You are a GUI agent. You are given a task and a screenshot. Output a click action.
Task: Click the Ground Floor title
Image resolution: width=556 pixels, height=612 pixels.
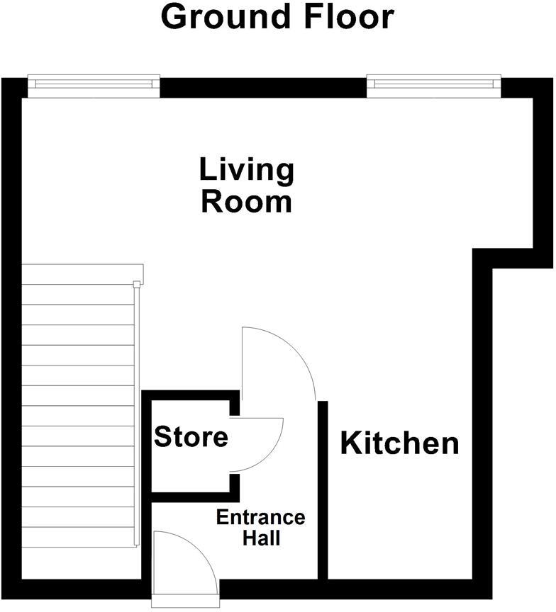[277, 17]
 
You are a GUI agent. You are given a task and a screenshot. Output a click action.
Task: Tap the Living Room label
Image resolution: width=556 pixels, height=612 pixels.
[246, 186]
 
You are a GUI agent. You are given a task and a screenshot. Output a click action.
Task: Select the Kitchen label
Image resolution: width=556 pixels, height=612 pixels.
[399, 443]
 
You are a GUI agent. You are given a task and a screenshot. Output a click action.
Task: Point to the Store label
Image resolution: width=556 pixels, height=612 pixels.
[191, 437]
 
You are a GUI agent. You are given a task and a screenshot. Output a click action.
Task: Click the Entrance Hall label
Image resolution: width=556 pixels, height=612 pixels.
[260, 528]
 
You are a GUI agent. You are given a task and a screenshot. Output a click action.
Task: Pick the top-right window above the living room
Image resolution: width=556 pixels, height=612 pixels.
[433, 86]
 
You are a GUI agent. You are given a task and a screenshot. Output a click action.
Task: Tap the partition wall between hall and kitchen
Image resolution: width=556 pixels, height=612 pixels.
[322, 489]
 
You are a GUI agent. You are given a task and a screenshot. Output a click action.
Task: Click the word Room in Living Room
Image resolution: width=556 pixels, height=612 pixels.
[246, 202]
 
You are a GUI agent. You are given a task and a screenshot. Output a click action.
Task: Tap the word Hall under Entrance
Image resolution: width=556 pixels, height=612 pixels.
[261, 538]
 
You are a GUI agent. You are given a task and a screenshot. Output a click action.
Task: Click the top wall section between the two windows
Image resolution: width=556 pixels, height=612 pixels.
[262, 87]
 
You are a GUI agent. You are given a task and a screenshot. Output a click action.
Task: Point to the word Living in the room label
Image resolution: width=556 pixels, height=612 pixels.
[246, 170]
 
